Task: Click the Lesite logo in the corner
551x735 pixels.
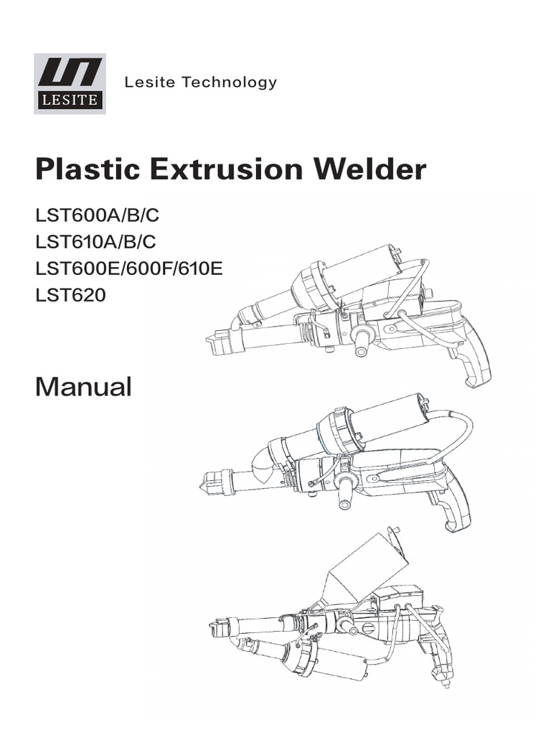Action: point(70,83)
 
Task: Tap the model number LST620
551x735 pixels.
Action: point(70,294)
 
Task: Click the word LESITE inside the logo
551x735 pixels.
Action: point(70,100)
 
